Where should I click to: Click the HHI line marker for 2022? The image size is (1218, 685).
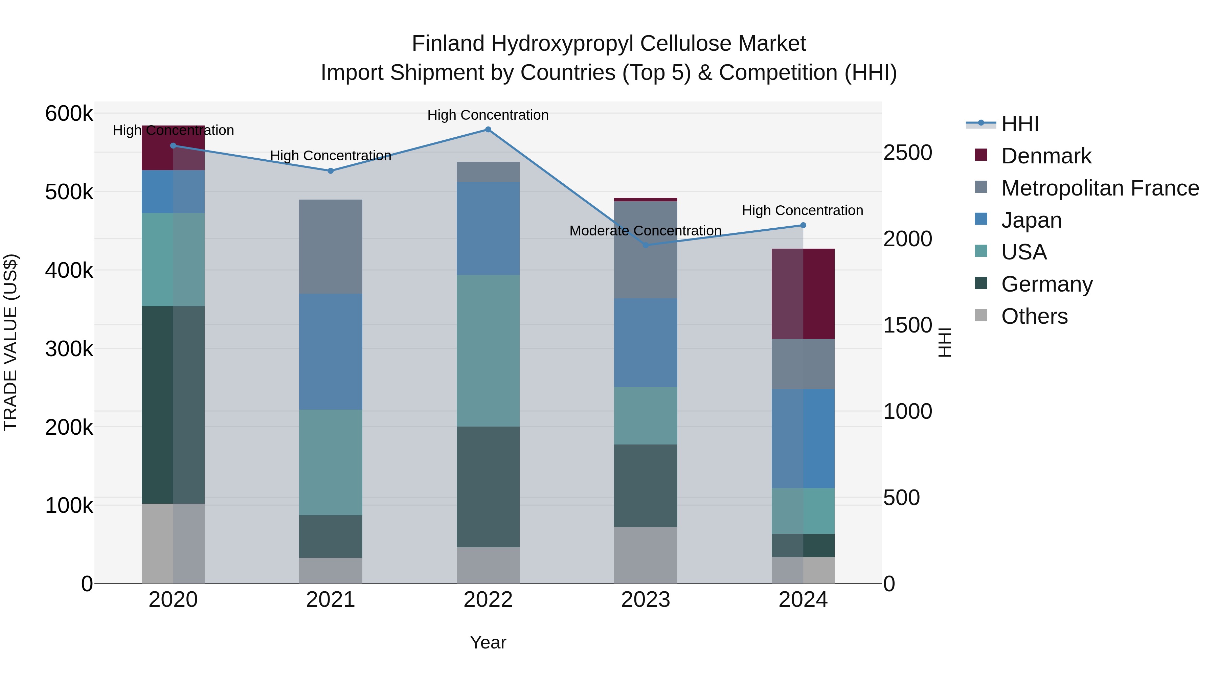pos(488,130)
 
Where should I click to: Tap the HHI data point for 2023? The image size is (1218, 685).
pos(646,245)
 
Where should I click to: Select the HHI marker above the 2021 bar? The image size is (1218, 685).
pos(331,171)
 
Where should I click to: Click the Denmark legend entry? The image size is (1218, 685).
pos(1046,156)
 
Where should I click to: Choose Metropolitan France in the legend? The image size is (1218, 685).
pos(1100,188)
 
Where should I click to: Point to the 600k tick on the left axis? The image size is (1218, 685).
pos(69,114)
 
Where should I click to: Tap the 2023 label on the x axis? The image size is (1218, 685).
pos(646,600)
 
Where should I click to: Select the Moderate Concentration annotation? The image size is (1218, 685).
pos(646,231)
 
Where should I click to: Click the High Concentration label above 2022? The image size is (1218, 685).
pos(488,115)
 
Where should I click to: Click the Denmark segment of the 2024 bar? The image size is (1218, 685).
pos(803,294)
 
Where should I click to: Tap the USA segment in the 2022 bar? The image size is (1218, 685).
pos(488,350)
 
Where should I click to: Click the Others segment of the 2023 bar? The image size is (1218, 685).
pos(646,555)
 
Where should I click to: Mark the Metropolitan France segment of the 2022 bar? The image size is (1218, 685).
pos(488,172)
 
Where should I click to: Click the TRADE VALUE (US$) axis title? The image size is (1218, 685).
pos(10,342)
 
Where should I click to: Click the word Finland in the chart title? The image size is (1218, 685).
pos(448,44)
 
